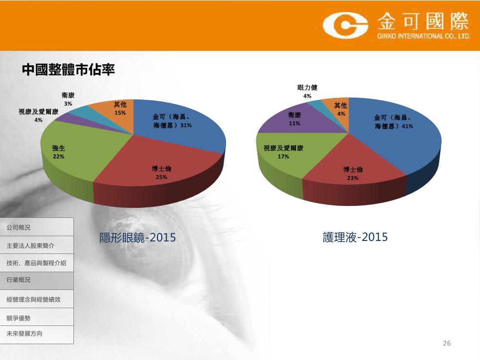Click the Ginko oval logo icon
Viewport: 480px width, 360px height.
[x=345, y=25]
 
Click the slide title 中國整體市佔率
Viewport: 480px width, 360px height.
[x=68, y=70]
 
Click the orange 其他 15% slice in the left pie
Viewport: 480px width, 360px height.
[x=116, y=113]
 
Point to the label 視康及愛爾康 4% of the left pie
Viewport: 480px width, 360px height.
[x=38, y=116]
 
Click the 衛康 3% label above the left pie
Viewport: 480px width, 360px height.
[x=68, y=99]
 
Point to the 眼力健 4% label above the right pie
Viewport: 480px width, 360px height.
[x=307, y=92]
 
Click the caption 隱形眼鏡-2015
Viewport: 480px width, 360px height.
[x=137, y=238]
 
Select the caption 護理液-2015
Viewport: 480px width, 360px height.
[x=355, y=237]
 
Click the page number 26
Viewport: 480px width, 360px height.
[x=446, y=343]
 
